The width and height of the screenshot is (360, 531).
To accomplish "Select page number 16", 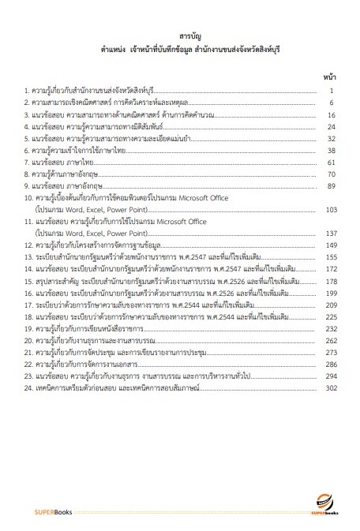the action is point(332,115).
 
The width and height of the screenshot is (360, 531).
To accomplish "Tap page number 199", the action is point(331,293).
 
